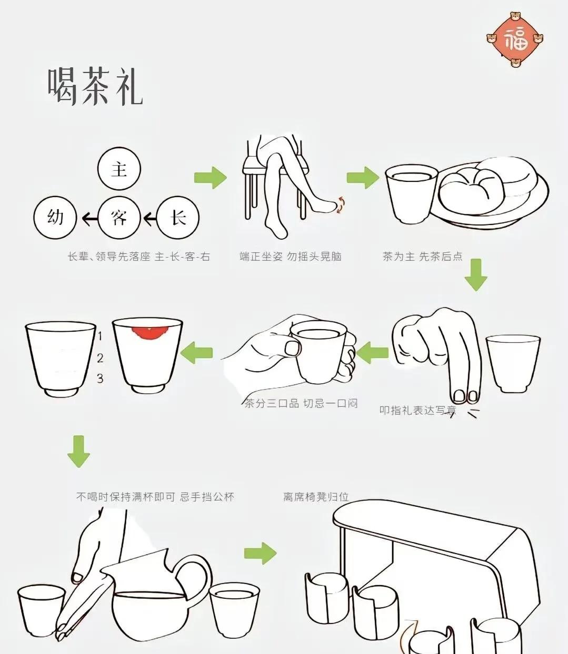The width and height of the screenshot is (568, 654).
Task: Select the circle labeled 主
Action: pyautogui.click(x=119, y=169)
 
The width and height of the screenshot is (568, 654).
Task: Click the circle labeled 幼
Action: pyautogui.click(x=55, y=217)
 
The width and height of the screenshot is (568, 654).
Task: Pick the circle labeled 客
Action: pyautogui.click(x=119, y=217)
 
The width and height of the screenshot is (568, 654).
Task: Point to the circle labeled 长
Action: pyautogui.click(x=178, y=217)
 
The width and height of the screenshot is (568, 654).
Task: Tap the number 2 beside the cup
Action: pyautogui.click(x=100, y=358)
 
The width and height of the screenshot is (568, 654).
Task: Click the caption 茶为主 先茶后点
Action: pyautogui.click(x=422, y=257)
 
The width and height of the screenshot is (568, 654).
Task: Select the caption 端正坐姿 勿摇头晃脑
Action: pyautogui.click(x=291, y=257)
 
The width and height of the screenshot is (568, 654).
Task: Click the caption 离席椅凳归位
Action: pyautogui.click(x=316, y=497)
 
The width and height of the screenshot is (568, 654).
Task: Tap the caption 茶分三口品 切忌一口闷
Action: pyautogui.click(x=301, y=404)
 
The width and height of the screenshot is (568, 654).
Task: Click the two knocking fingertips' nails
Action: pyautogui.click(x=465, y=395)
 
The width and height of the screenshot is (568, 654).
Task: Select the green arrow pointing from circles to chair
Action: pyautogui.click(x=211, y=178)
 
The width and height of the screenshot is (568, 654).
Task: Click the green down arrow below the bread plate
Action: pyautogui.click(x=476, y=274)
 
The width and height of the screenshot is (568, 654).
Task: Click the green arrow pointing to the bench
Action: pyautogui.click(x=260, y=553)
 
